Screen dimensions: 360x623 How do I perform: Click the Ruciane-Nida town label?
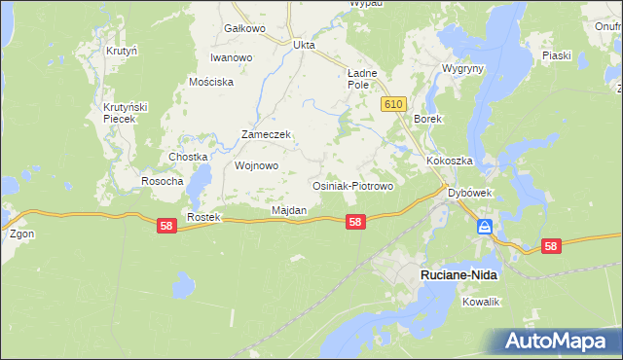tap(458, 275)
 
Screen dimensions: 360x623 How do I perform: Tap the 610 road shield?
tap(394, 104)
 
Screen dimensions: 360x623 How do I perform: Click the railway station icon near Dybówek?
tap(484, 228)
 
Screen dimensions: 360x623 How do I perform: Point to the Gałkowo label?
tap(244, 28)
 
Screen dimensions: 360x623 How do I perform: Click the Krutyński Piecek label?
tap(126, 112)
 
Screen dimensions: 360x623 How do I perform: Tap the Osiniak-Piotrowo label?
tap(351, 186)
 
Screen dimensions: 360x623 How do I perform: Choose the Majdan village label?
tap(289, 210)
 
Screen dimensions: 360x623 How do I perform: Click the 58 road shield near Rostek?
tap(166, 225)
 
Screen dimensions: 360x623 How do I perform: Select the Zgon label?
tap(21, 234)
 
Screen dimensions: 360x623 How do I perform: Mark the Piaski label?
tap(556, 55)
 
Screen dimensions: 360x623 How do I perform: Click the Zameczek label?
tap(267, 135)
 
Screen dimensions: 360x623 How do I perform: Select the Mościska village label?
tap(212, 82)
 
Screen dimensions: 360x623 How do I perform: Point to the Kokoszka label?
tap(449, 161)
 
